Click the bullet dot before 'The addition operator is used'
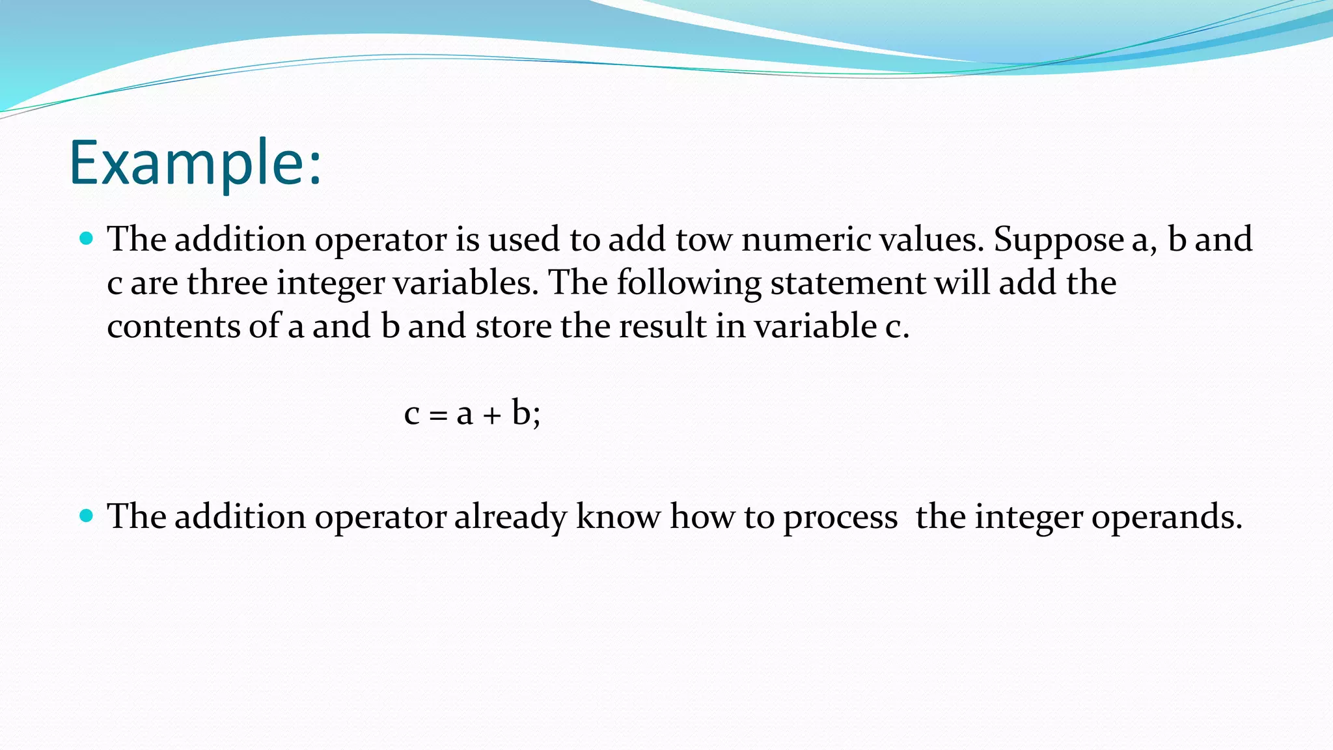point(86,238)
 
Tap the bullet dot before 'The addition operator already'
point(86,516)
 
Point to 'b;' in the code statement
point(526,413)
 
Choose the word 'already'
point(510,518)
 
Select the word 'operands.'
point(1166,518)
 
